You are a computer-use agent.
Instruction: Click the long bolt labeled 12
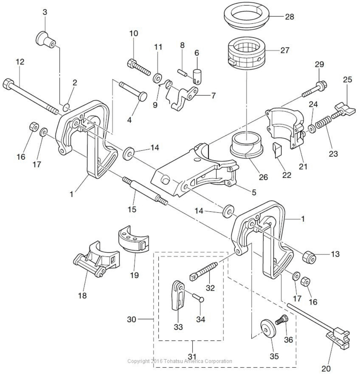click(31, 95)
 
